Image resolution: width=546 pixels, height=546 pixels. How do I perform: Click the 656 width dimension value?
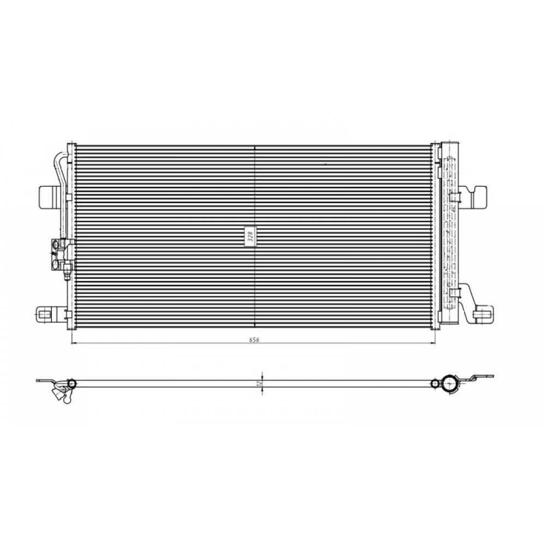pyautogui.click(x=254, y=340)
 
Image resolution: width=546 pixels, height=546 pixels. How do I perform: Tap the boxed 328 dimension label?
pyautogui.click(x=251, y=236)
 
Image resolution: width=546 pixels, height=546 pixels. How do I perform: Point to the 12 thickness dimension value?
pyautogui.click(x=258, y=383)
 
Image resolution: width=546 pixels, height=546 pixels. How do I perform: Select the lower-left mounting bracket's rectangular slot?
pyautogui.click(x=43, y=315)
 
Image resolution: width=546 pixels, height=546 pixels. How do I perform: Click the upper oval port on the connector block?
pyautogui.click(x=55, y=245)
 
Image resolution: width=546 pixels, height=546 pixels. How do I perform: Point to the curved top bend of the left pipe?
pyautogui.click(x=59, y=156)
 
